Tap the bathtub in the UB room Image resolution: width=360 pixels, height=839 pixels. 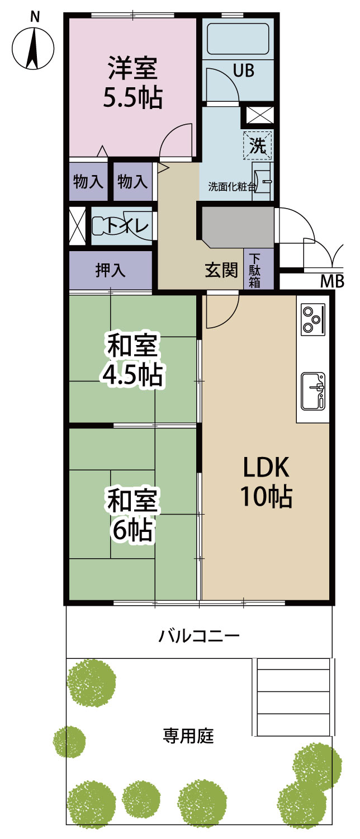(238, 39)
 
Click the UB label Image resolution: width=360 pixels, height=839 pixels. (244, 70)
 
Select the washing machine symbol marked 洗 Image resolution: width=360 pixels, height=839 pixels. (257, 145)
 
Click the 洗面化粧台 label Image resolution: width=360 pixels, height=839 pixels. (233, 186)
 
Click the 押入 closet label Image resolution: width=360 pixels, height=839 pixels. (110, 270)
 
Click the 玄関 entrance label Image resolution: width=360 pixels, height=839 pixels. (221, 270)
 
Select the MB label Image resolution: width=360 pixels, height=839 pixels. (332, 281)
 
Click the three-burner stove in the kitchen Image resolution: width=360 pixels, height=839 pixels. (313, 319)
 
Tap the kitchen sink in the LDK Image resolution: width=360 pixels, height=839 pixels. (313, 391)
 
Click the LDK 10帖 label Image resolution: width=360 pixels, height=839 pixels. (266, 482)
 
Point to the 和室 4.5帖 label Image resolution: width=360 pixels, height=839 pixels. (132, 360)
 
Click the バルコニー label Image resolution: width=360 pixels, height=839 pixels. (198, 635)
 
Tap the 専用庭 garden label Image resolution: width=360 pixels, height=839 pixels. (188, 736)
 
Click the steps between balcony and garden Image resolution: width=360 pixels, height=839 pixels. (293, 698)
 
